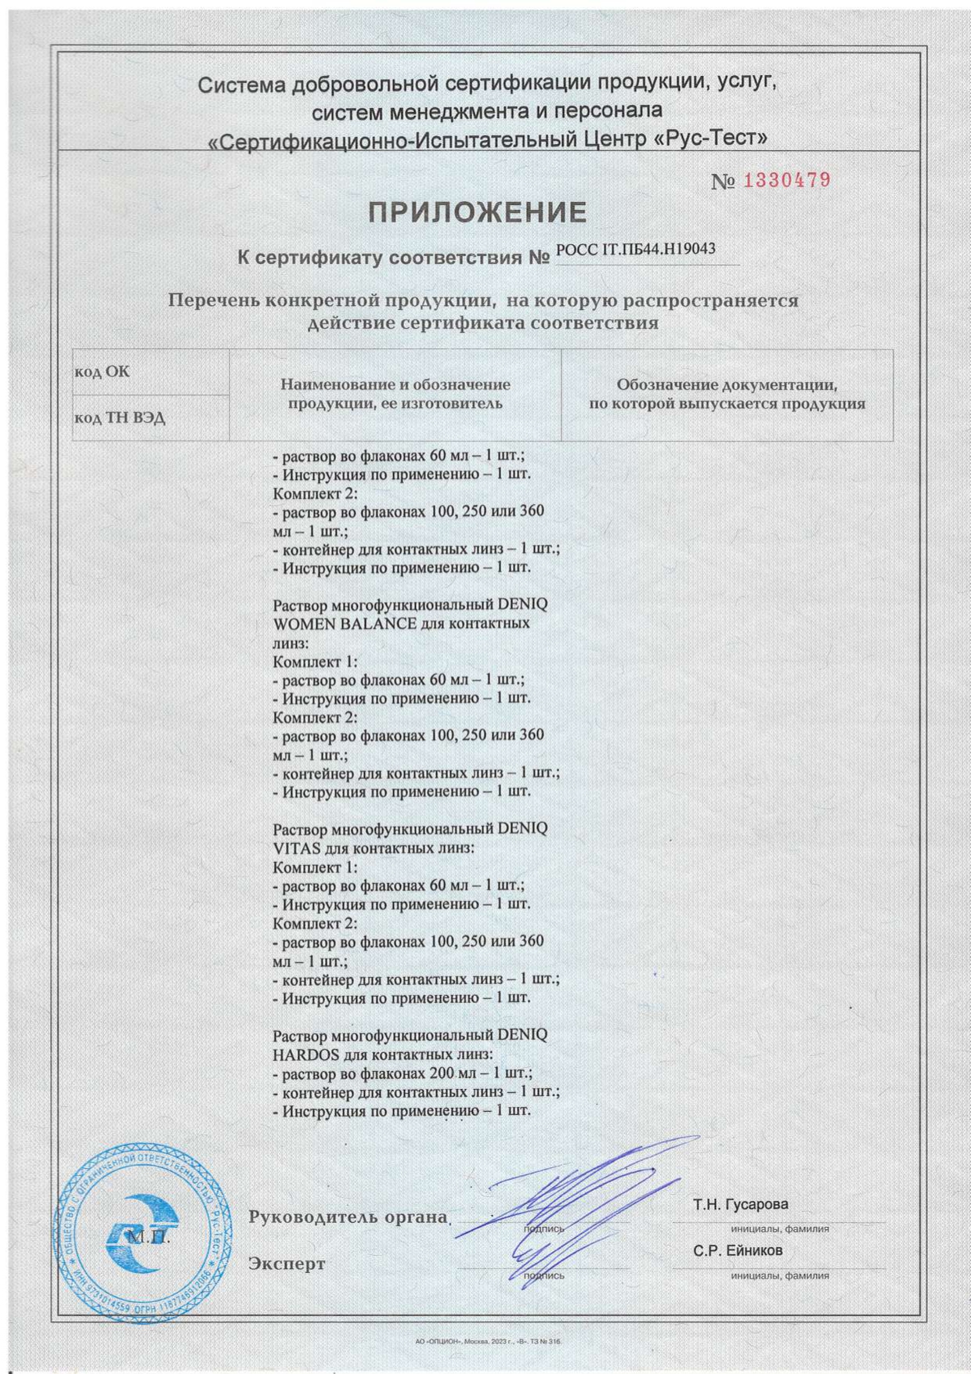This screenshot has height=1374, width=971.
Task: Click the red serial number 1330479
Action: pos(786,180)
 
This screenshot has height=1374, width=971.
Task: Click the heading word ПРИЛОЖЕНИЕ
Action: pos(478,212)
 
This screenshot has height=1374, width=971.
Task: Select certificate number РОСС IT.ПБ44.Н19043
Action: pos(635,250)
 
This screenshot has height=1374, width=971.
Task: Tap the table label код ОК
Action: pos(102,371)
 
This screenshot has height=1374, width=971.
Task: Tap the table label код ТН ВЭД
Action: pos(120,417)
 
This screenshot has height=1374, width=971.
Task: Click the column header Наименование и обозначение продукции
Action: pos(395,394)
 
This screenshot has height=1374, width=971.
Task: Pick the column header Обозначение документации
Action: pos(727,394)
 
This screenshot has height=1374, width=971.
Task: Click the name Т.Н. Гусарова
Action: pos(740,1203)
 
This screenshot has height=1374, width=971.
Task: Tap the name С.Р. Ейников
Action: pos(737,1250)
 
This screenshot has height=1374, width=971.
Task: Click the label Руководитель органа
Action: pos(348,1217)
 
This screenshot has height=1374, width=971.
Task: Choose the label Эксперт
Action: pos(287,1264)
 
